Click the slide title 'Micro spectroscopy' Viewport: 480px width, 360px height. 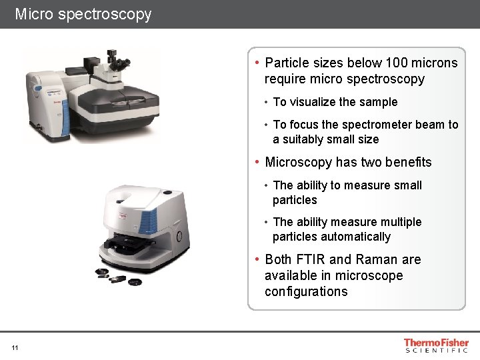[x=83, y=14]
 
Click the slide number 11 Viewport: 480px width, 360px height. [x=15, y=347]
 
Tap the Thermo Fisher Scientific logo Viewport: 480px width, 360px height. [x=436, y=346]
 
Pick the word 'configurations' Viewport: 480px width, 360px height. [x=306, y=291]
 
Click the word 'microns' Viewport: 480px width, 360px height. [x=435, y=63]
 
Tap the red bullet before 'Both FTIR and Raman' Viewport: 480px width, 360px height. [x=257, y=259]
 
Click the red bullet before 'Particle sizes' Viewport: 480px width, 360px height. [x=257, y=63]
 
